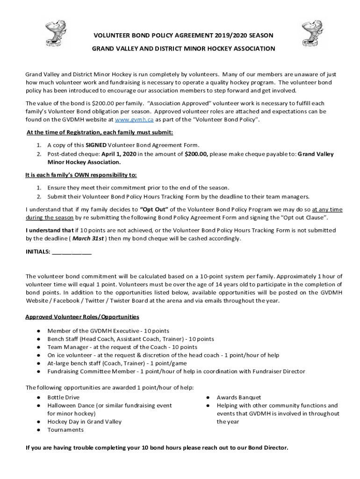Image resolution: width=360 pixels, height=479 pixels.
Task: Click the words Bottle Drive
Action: (63, 398)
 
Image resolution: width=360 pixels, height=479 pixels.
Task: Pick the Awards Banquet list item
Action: (238, 398)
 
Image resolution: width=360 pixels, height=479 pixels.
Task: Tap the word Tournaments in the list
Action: (65, 430)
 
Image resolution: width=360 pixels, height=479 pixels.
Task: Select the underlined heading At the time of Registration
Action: (100, 132)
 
